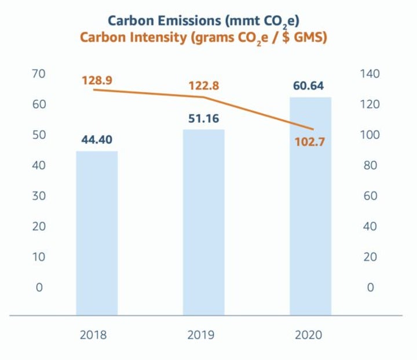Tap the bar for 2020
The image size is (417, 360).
(310, 206)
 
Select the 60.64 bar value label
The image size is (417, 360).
(310, 85)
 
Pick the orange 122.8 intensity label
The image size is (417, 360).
(204, 86)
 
